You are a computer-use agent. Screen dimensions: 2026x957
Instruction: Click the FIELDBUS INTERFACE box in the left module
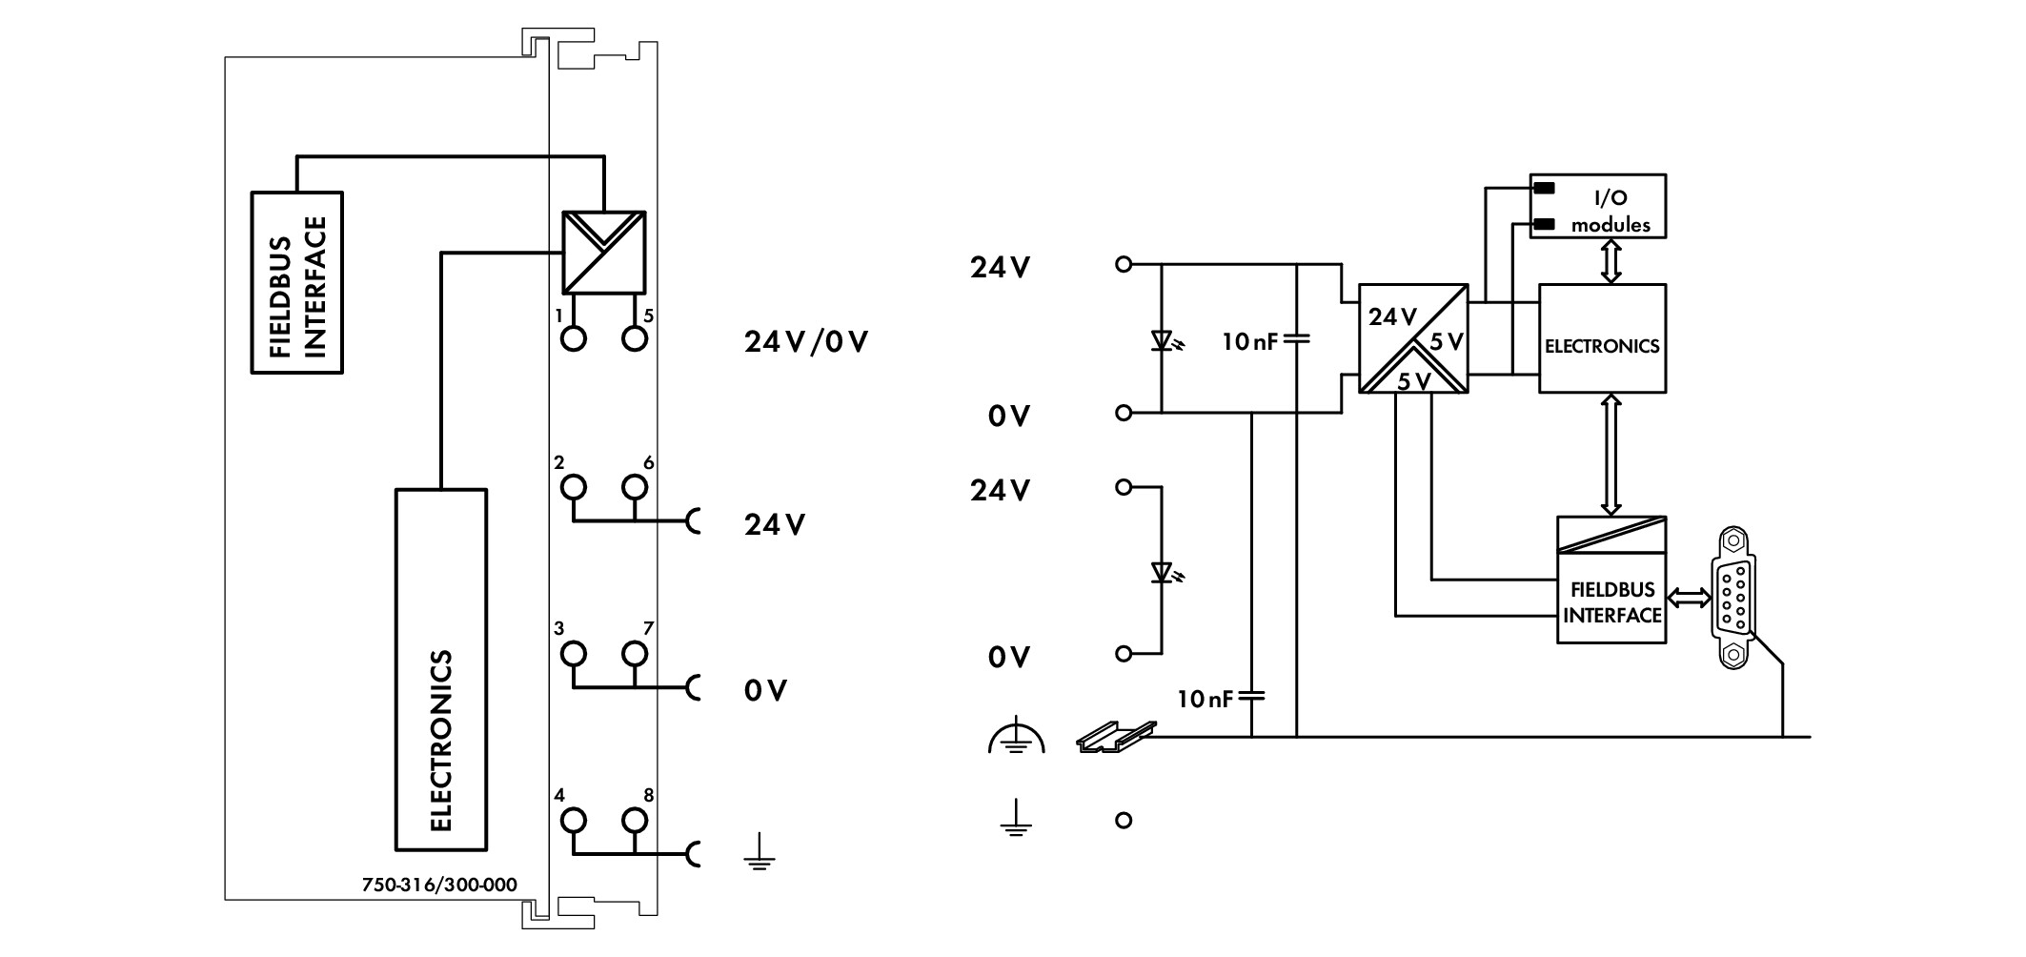click(296, 283)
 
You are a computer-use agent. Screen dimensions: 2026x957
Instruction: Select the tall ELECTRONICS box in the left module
click(441, 669)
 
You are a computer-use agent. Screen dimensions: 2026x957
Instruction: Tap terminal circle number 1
click(574, 338)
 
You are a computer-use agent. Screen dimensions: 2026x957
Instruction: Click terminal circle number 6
click(635, 488)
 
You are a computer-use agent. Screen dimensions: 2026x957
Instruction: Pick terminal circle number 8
click(635, 820)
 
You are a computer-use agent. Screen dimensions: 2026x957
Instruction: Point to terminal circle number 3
click(574, 654)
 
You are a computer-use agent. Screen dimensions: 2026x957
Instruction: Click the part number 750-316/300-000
click(439, 886)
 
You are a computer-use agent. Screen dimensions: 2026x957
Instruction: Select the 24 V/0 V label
click(806, 342)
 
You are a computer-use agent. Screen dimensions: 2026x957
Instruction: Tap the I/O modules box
click(1598, 206)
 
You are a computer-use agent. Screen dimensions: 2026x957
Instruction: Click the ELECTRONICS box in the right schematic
click(1603, 337)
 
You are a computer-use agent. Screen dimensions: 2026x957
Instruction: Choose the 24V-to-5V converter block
click(1413, 338)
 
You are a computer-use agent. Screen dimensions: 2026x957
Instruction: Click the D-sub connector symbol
click(1734, 597)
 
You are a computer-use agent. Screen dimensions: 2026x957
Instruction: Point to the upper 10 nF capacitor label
click(1250, 341)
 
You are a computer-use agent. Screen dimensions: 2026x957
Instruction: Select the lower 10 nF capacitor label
click(1205, 700)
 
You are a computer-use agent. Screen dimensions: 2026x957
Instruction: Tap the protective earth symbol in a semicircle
click(1017, 735)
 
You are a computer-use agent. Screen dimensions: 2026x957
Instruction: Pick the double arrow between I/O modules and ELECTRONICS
click(1611, 261)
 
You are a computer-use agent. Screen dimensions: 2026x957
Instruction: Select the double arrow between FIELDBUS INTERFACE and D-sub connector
click(1690, 598)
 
